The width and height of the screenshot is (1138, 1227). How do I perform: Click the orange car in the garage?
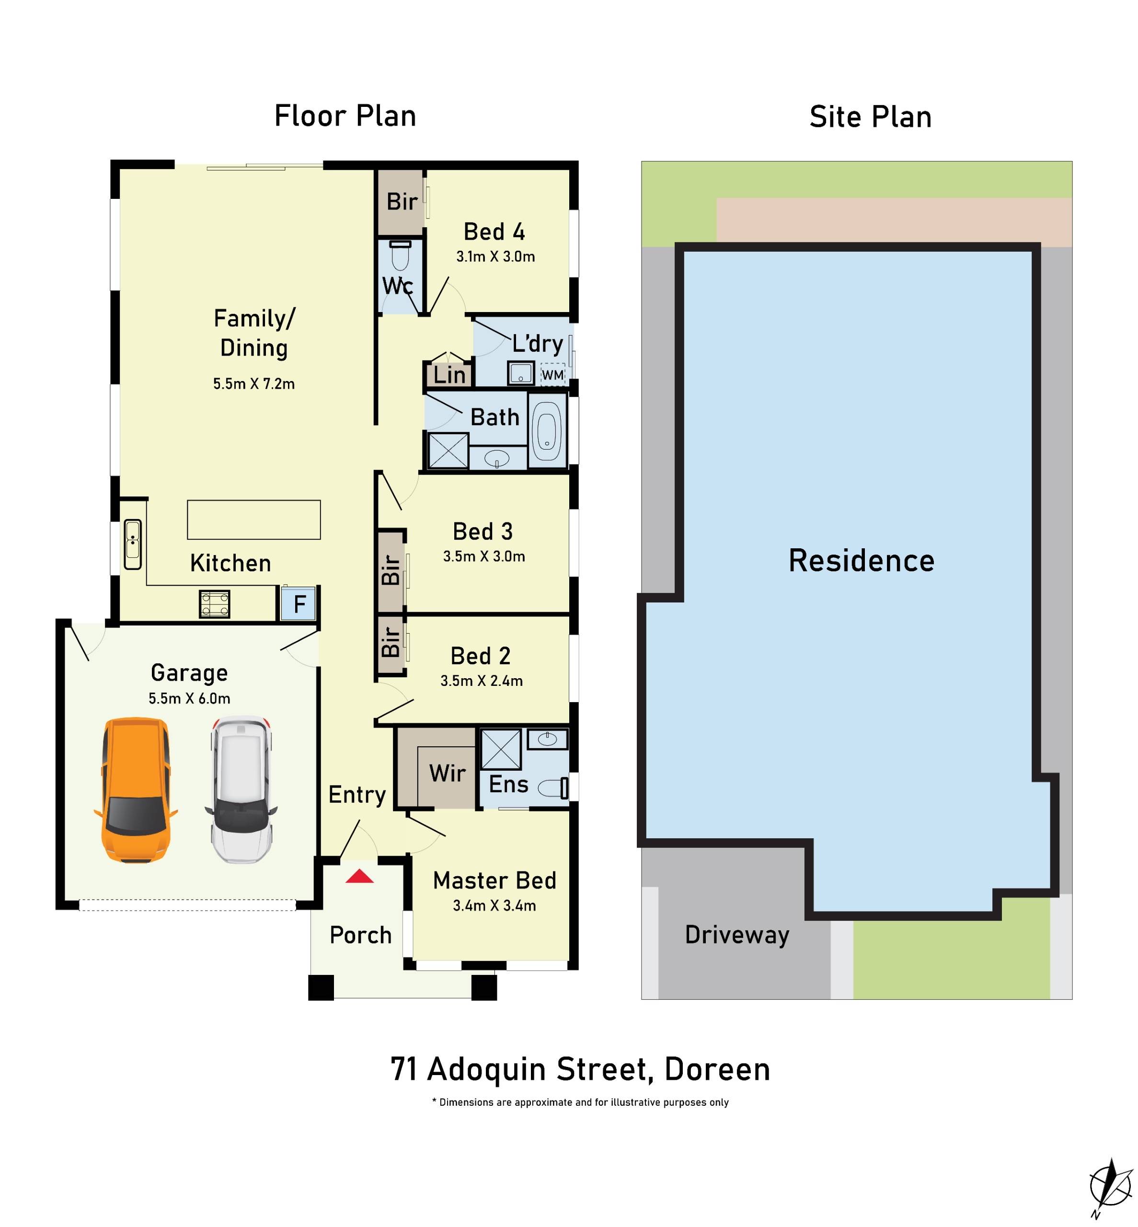136,790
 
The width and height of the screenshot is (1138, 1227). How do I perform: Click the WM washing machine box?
552,374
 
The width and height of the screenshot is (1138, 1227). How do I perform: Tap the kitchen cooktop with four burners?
214,603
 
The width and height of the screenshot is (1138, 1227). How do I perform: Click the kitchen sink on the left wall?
132,544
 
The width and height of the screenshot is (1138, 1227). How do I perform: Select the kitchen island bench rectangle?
253,519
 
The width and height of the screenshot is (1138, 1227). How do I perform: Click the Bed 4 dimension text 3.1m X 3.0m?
495,257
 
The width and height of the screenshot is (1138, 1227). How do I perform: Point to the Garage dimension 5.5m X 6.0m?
189,698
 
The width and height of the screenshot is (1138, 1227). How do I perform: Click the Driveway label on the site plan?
736,935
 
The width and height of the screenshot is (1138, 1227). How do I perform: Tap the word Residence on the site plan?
861,560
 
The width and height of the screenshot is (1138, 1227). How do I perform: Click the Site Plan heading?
870,117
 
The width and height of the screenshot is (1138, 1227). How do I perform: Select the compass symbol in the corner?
1110,1186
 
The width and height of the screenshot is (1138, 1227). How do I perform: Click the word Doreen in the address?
717,1069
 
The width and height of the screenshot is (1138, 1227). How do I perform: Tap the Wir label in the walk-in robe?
447,773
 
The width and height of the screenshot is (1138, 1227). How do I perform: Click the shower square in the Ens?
500,749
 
